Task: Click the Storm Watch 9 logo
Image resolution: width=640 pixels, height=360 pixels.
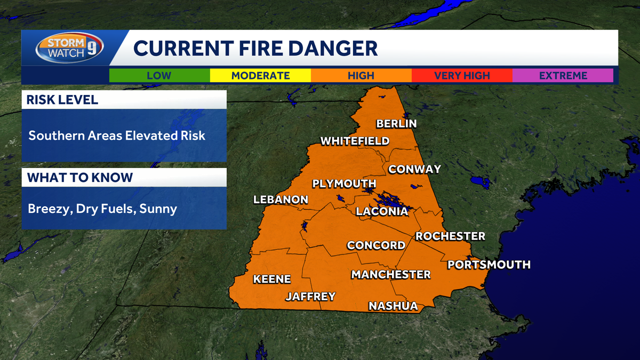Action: pyautogui.click(x=69, y=48)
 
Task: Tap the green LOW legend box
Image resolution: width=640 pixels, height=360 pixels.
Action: pyautogui.click(x=159, y=75)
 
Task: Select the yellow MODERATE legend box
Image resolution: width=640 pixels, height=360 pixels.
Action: pyautogui.click(x=260, y=75)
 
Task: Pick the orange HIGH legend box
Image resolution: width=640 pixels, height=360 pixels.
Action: pyautogui.click(x=361, y=75)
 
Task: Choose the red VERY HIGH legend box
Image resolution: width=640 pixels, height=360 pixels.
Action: pyautogui.click(x=462, y=75)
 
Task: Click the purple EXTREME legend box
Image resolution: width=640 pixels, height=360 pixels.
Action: pyautogui.click(x=563, y=75)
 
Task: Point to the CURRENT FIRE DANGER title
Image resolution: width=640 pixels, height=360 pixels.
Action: pyautogui.click(x=255, y=49)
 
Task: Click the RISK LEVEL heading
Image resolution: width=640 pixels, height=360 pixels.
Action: pyautogui.click(x=63, y=100)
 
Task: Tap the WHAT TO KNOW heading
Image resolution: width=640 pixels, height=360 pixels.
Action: pyautogui.click(x=80, y=178)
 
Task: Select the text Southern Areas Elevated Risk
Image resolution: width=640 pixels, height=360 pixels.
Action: pyautogui.click(x=117, y=135)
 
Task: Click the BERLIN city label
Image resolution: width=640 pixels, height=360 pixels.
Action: pyautogui.click(x=396, y=124)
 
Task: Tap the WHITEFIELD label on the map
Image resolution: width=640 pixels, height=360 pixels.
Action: pyautogui.click(x=355, y=141)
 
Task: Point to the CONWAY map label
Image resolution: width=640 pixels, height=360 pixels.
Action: pyautogui.click(x=414, y=169)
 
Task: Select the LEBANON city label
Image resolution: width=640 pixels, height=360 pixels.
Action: pyautogui.click(x=281, y=199)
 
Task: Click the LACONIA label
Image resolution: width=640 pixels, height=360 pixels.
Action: pyautogui.click(x=382, y=211)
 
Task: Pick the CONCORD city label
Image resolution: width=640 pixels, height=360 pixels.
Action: pyautogui.click(x=376, y=245)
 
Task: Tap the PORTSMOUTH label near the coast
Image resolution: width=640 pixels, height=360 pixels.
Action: pyautogui.click(x=489, y=265)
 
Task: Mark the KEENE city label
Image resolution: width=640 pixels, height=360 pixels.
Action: pyautogui.click(x=272, y=279)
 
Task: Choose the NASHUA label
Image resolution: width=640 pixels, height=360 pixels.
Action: pyautogui.click(x=393, y=306)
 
